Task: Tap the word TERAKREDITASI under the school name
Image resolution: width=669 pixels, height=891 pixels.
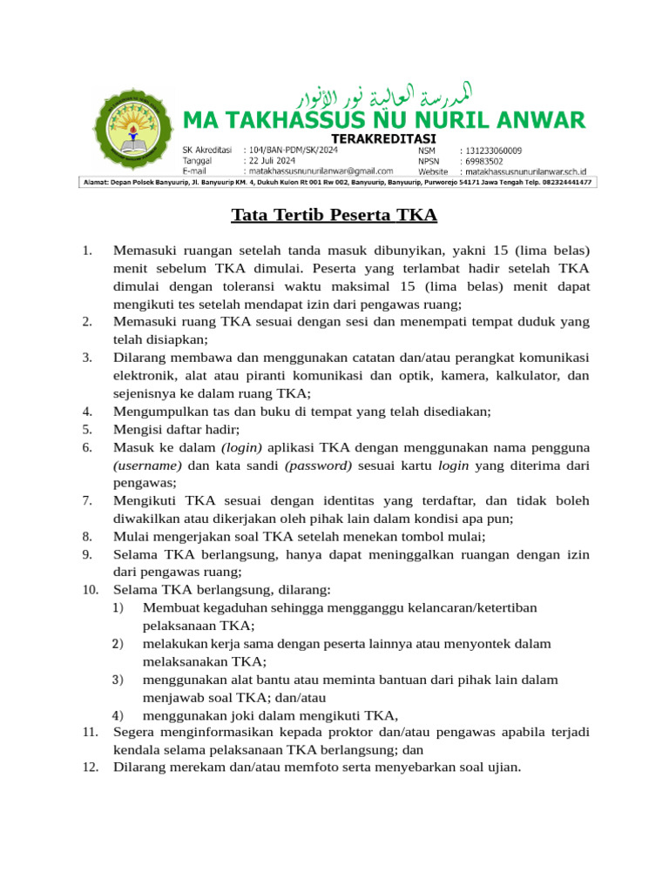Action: (x=384, y=138)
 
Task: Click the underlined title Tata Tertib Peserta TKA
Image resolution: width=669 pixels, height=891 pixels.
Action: (x=334, y=215)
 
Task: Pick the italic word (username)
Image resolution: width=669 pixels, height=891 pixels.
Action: (x=147, y=465)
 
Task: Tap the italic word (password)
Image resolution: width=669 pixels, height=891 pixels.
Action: (x=318, y=465)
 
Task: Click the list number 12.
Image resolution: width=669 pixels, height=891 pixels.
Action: (x=90, y=767)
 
